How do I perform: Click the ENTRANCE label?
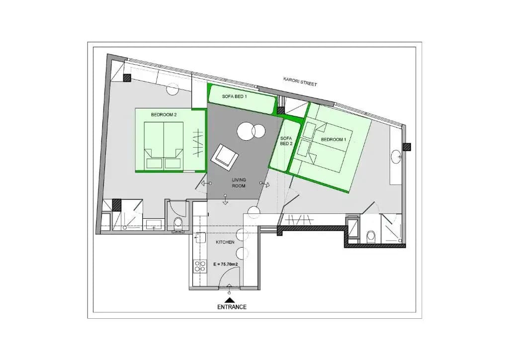coord(232,307)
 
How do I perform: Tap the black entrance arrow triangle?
coord(230,300)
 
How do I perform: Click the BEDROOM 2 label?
coord(164,114)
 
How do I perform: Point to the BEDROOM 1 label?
coord(334,140)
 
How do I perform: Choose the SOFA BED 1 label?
coord(235,96)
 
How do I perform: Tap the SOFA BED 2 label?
coord(286,141)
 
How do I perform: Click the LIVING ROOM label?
coord(239,183)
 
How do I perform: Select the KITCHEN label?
coord(225,242)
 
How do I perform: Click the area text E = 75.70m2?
coord(226,264)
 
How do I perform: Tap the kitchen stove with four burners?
coord(200,267)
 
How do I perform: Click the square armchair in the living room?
coord(225,158)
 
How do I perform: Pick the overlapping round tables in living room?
coord(251,131)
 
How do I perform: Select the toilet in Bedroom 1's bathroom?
coord(370,237)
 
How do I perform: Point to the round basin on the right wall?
coord(396,157)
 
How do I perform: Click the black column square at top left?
coord(127,78)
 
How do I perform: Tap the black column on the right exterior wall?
coord(407,147)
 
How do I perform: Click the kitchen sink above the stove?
coord(200,238)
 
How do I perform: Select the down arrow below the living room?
coord(225,199)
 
